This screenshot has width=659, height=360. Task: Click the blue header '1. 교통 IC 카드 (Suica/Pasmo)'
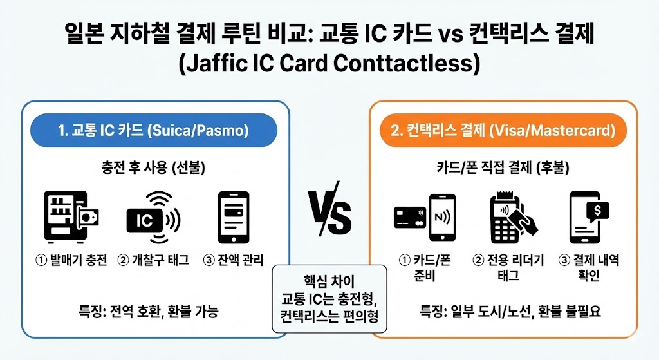coord(153,131)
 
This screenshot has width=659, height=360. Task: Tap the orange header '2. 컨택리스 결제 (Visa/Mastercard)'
coord(503,131)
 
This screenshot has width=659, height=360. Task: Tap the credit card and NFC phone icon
coord(425,217)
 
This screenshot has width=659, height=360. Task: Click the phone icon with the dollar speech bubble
coord(589,217)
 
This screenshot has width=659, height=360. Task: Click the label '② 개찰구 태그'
coord(153,261)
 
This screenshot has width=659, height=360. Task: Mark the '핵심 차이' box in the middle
coord(329,299)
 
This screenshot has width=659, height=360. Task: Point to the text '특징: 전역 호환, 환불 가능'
coord(153,312)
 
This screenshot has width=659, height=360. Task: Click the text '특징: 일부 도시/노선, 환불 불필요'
coord(503,312)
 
